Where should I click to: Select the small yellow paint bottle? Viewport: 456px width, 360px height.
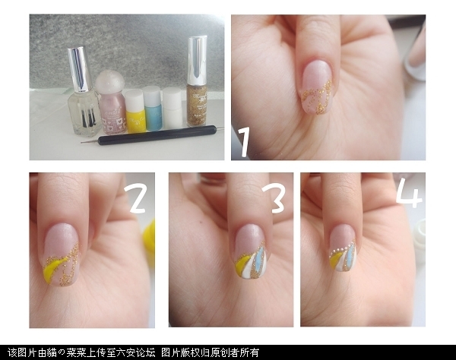[x=134, y=111]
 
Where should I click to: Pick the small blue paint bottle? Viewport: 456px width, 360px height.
[x=152, y=108]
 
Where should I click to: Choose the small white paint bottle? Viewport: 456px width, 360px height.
[x=173, y=108]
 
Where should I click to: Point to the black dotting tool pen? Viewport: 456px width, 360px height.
[x=152, y=136]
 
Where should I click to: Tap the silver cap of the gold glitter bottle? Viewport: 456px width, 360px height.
[x=197, y=60]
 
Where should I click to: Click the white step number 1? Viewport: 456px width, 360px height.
[x=244, y=142]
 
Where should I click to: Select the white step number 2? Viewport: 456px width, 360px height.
[x=136, y=199]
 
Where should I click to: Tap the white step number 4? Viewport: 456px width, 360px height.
[x=409, y=193]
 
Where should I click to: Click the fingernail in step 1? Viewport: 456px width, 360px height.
[x=316, y=89]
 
